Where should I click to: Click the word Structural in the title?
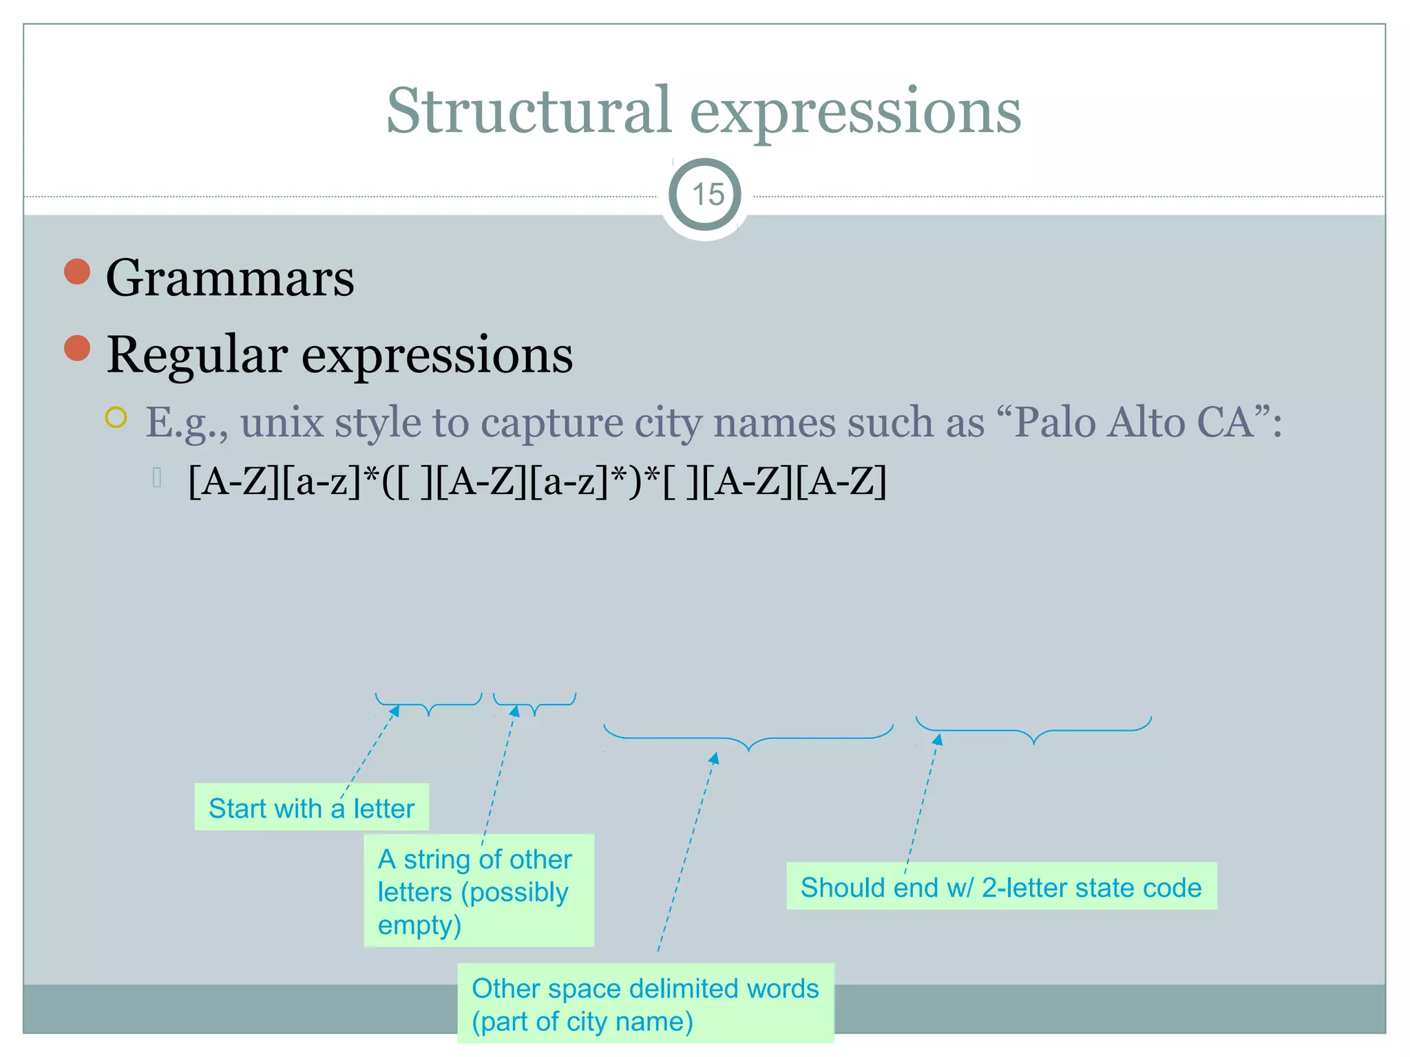click(529, 111)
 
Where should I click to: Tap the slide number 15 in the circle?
click(707, 195)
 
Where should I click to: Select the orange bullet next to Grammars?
click(77, 272)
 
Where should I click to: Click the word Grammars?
click(230, 278)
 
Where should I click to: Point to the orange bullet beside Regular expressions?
click(77, 348)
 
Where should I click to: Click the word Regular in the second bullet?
click(197, 355)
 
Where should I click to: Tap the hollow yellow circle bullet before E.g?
click(116, 418)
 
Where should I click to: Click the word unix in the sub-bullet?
click(282, 423)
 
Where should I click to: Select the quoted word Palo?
click(1054, 423)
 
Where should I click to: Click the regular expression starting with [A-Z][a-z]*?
click(537, 481)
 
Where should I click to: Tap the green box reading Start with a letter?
click(311, 808)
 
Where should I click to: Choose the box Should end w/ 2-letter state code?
click(1001, 887)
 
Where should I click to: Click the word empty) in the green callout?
click(419, 925)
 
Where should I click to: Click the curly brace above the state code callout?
click(1033, 731)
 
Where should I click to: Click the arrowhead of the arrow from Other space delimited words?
click(715, 758)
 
